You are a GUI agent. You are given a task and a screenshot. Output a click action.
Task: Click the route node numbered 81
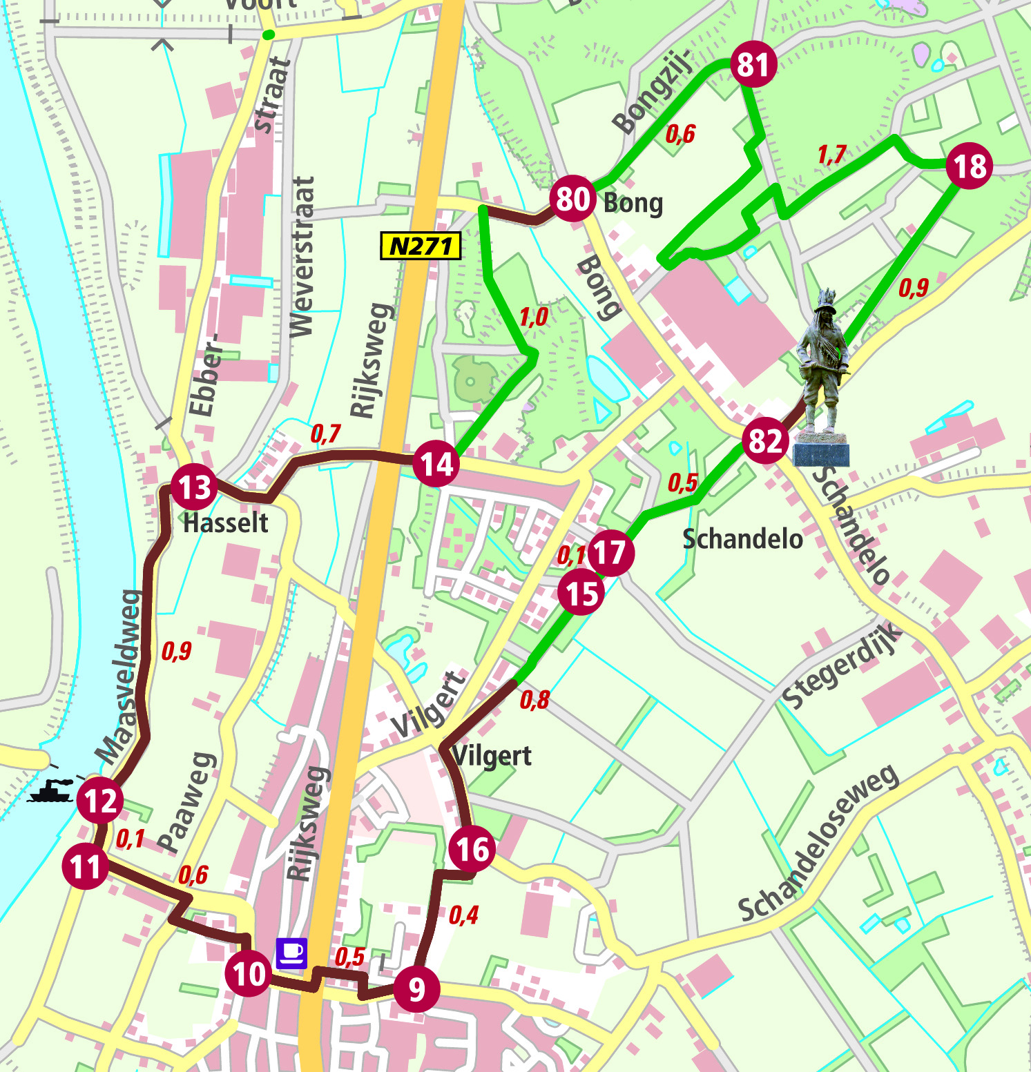753,64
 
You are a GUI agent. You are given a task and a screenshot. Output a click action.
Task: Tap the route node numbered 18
969,166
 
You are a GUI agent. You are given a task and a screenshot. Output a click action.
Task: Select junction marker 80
572,199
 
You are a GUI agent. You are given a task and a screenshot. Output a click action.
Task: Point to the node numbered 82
765,440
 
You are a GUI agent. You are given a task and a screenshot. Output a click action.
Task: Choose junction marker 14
436,464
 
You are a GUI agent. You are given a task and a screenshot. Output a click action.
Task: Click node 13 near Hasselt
194,487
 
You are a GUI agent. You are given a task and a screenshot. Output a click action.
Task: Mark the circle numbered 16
472,849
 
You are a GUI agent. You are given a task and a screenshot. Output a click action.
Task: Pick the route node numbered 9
416,989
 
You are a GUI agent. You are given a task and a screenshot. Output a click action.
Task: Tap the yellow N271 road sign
421,246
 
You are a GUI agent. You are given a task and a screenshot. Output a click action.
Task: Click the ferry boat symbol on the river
51,791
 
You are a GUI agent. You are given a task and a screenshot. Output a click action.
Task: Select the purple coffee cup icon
291,953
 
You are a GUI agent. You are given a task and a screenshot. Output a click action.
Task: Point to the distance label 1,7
831,155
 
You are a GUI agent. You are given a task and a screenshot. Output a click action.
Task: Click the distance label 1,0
533,318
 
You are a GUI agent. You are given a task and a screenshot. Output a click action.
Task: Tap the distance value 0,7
325,433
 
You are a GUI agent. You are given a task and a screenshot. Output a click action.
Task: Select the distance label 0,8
534,700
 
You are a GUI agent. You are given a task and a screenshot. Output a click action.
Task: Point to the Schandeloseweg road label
819,844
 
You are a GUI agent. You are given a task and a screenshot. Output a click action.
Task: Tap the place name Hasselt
225,523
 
